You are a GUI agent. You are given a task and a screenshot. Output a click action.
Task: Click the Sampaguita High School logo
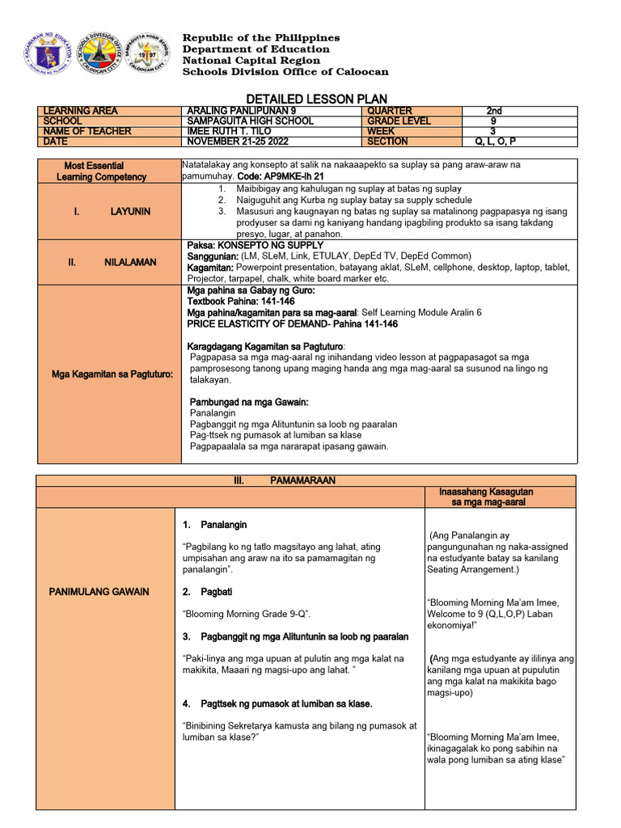(x=148, y=54)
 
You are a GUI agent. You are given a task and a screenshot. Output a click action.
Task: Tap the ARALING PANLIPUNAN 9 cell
(x=232, y=111)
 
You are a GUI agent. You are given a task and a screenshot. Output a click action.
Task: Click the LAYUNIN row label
(x=112, y=211)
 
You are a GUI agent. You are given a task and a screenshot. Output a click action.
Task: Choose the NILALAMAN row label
(x=112, y=262)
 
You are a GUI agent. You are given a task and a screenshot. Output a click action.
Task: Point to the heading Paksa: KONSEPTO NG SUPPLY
(x=255, y=245)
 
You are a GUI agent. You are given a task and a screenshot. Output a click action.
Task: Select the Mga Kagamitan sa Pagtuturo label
(x=110, y=374)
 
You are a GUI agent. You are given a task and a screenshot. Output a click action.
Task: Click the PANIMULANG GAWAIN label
(x=99, y=592)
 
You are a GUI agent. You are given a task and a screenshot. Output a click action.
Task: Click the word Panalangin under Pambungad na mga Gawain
(x=213, y=413)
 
